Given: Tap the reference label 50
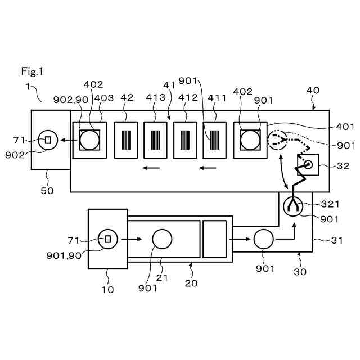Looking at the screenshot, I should point(47,191).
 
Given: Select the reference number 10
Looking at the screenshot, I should point(107,290).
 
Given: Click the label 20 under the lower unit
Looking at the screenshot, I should point(191,283).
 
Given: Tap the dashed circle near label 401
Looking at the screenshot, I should point(277,140).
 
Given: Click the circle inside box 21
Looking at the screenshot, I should point(162,239).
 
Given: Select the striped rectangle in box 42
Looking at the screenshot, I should point(127,139).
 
